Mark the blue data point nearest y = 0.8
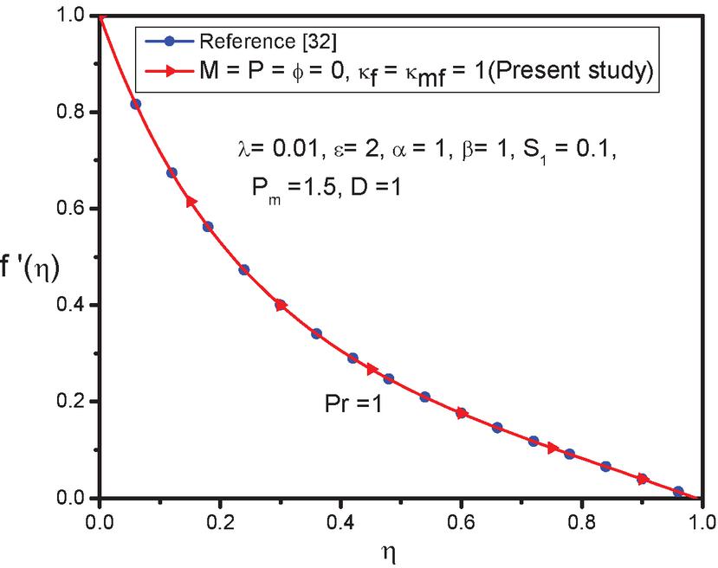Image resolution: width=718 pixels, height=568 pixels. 135,104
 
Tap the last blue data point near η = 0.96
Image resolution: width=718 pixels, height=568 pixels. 678,492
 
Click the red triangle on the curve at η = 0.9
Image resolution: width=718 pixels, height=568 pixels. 643,479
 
